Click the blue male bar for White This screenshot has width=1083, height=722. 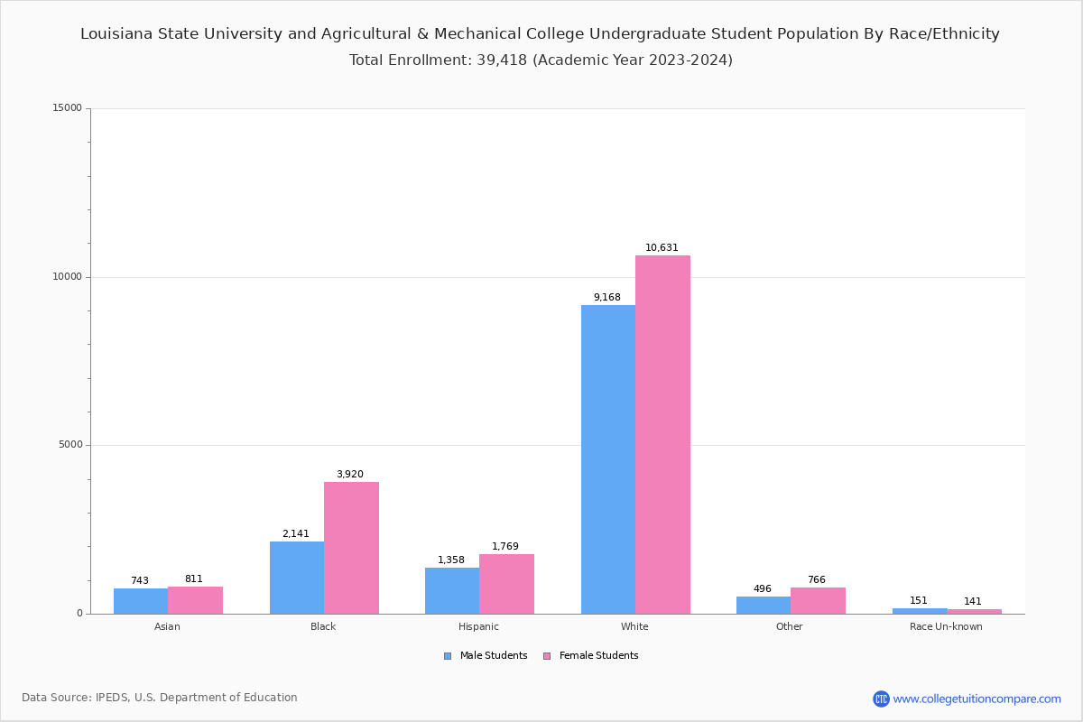(607, 459)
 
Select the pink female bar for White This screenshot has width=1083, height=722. (662, 434)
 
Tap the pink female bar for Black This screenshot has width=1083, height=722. (351, 548)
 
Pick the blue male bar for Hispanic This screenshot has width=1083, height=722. (452, 590)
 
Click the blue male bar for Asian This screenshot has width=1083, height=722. (141, 601)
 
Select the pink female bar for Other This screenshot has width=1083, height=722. (818, 601)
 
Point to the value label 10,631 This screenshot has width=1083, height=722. (662, 248)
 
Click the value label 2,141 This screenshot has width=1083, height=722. (296, 534)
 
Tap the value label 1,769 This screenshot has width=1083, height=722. (505, 547)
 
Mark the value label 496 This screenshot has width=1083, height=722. (763, 589)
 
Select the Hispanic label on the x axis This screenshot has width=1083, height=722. (478, 626)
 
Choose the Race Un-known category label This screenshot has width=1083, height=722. (946, 626)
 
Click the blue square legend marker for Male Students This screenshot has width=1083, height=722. (448, 656)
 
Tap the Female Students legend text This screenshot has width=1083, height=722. (598, 656)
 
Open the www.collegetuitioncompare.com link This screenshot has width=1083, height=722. (977, 699)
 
